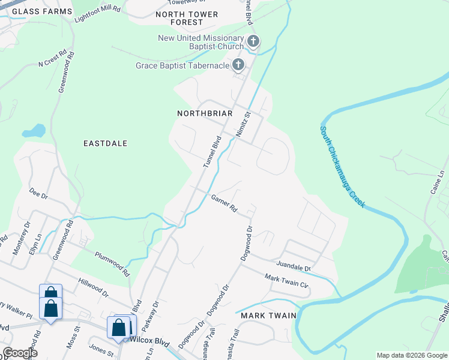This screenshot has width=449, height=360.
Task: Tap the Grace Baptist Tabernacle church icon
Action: [238, 65]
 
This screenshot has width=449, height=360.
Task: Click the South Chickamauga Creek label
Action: [342, 166]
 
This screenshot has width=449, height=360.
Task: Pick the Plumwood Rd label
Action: [112, 263]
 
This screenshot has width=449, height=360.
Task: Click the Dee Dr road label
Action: [38, 196]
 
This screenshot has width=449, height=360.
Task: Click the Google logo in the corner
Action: [20, 352]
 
